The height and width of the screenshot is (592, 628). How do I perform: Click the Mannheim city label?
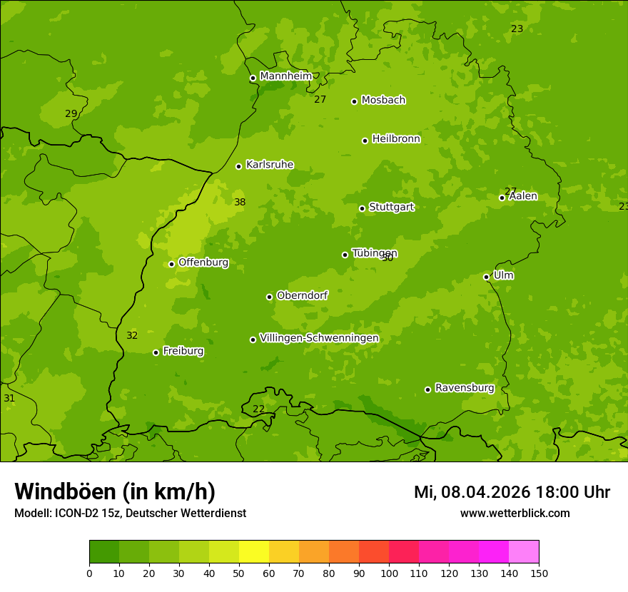click(285, 76)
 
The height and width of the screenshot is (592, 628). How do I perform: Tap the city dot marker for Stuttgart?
click(362, 208)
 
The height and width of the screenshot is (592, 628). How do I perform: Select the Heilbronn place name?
click(396, 139)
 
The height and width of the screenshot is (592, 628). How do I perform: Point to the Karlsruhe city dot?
click(238, 166)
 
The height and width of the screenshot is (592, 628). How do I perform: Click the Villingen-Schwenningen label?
click(319, 338)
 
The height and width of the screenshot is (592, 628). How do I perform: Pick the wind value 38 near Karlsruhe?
click(240, 203)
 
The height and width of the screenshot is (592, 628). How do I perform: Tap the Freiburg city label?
click(183, 351)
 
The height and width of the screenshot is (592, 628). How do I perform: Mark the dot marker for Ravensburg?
click(427, 389)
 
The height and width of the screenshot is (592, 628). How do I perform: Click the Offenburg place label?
click(203, 262)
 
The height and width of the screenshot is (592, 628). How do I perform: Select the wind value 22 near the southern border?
click(258, 409)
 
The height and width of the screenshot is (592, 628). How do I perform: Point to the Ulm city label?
click(503, 275)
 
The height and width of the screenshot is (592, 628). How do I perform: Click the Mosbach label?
click(383, 101)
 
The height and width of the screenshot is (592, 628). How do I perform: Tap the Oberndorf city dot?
click(269, 297)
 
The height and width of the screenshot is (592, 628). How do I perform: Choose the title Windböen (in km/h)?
click(115, 491)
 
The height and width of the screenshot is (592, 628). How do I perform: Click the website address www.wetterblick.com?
click(515, 513)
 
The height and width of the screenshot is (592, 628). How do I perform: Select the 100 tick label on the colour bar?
click(389, 573)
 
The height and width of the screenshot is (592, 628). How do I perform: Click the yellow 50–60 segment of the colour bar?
click(254, 552)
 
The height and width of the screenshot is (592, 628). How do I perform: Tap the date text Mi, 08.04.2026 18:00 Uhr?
click(512, 492)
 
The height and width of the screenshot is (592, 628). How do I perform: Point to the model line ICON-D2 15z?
click(130, 513)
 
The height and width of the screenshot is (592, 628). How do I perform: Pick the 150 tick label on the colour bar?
click(539, 573)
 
